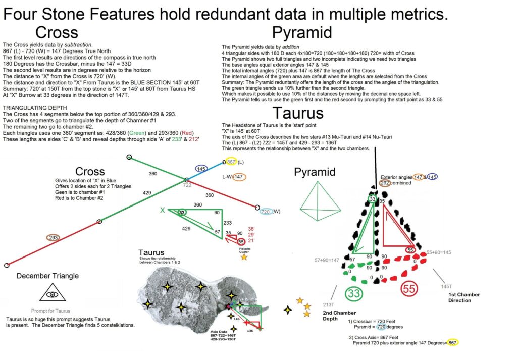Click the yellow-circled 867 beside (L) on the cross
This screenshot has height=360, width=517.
pyautogui.click(x=232, y=162)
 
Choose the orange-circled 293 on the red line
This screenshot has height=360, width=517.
pyautogui.click(x=54, y=237)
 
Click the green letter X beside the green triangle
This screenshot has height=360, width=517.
pyautogui.click(x=163, y=210)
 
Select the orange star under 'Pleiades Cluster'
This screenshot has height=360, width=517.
pyautogui.click(x=244, y=258)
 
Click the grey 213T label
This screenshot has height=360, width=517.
pyautogui.click(x=328, y=305)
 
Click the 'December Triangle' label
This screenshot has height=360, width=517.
pyautogui.click(x=47, y=276)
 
